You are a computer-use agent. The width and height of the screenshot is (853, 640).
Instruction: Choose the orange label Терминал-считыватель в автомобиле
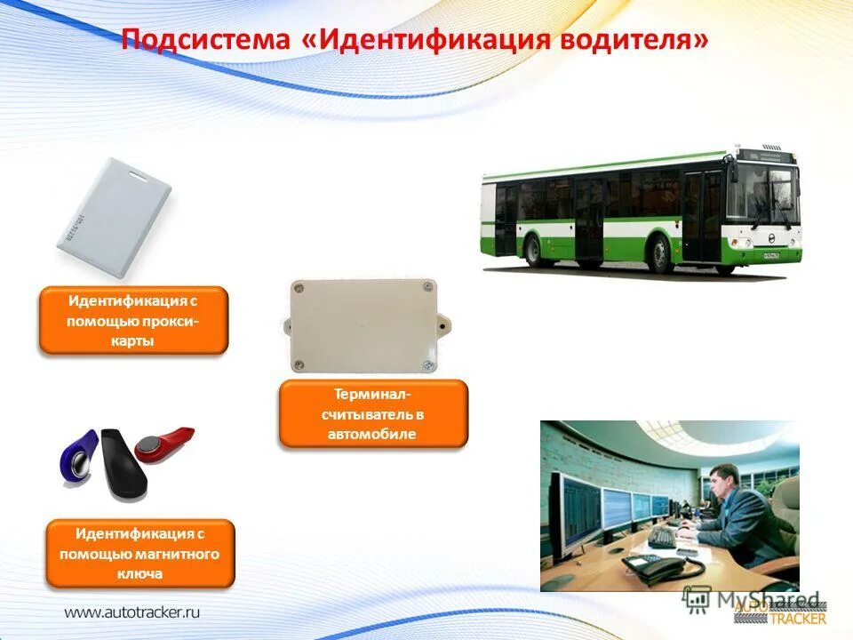(373, 413)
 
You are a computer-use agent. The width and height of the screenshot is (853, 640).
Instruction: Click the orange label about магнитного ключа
(140, 554)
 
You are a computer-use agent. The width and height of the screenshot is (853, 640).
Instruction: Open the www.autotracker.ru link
(132, 612)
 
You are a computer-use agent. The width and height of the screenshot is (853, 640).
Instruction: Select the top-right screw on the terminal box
(428, 288)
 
